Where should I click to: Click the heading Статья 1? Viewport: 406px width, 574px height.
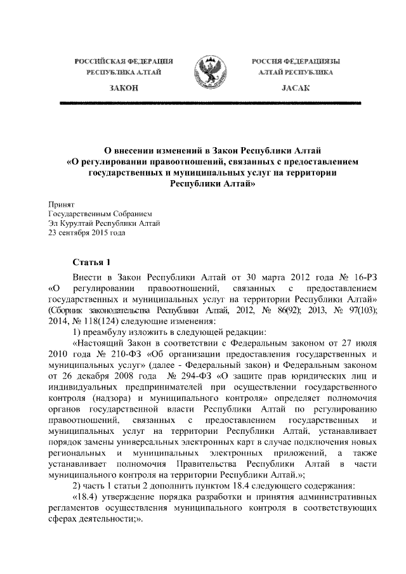pyautogui.click(x=91, y=261)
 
